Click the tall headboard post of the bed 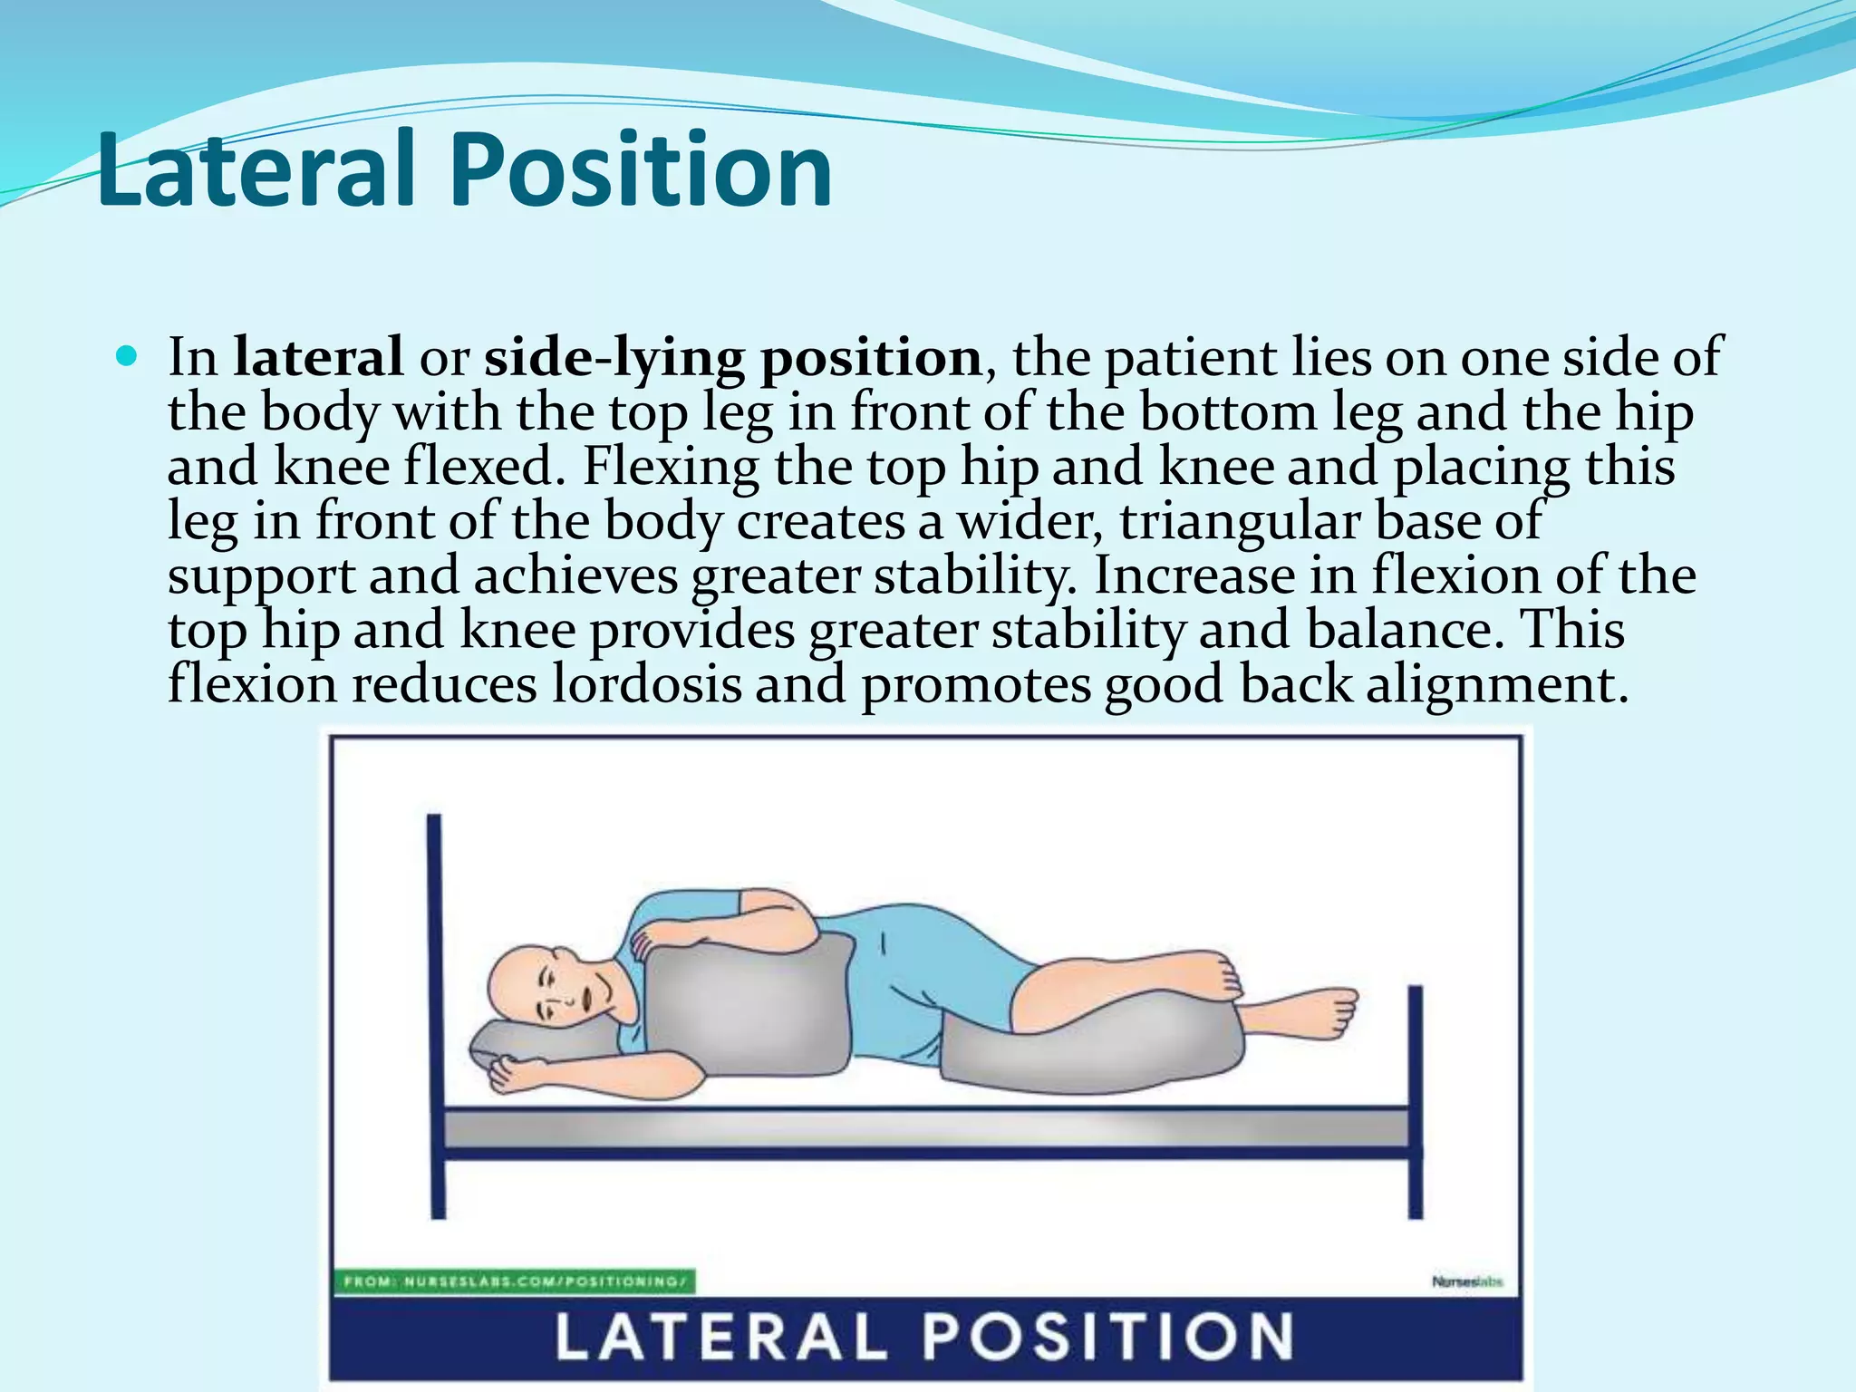(436, 1015)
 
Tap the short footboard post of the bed (1415, 1101)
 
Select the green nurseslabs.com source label (517, 1281)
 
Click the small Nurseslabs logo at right (1466, 1281)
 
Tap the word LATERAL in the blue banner (720, 1337)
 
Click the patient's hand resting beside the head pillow (508, 1074)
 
